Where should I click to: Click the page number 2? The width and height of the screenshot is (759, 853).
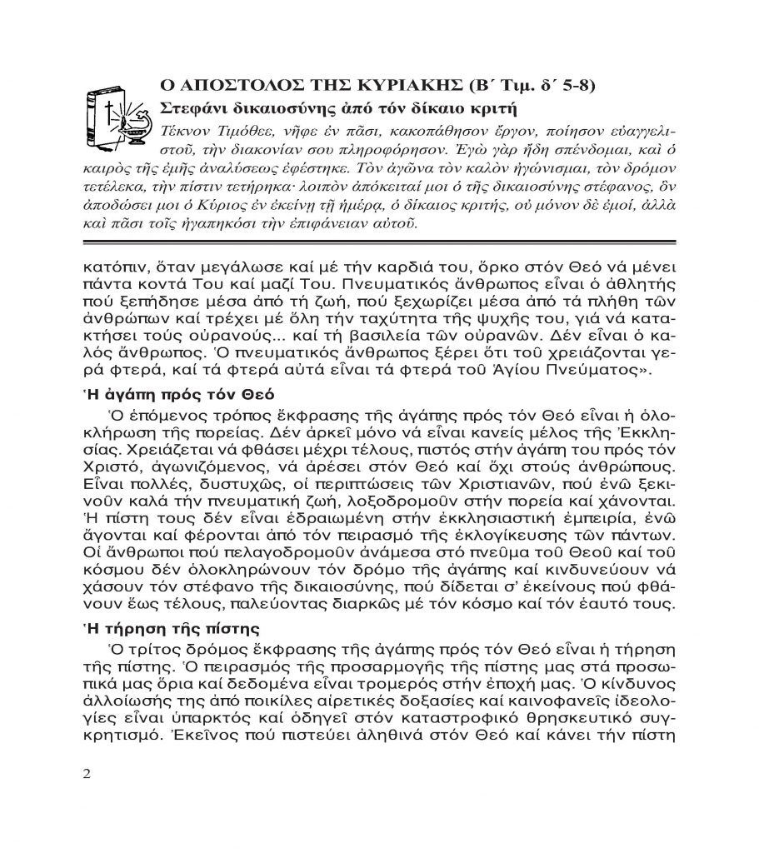tap(87, 772)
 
